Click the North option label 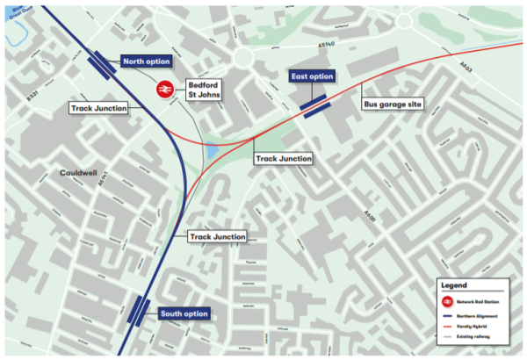point(146,62)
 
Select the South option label point(184,313)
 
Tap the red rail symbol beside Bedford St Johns point(163,89)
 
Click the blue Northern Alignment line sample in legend point(449,313)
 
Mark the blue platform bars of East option point(315,104)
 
